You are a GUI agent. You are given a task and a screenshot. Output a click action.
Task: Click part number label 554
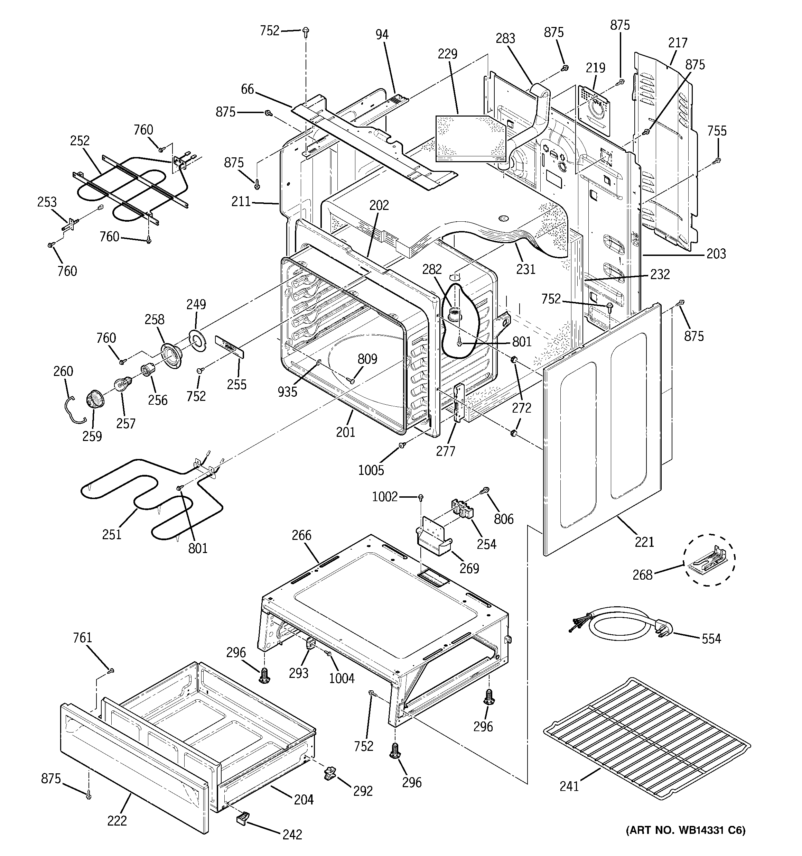(711, 638)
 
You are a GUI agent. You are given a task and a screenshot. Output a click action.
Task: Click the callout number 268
(642, 574)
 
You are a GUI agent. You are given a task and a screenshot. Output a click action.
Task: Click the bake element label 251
(112, 534)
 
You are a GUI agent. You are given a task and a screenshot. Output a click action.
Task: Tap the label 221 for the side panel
(644, 542)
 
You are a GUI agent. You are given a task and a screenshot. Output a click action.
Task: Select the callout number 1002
(384, 497)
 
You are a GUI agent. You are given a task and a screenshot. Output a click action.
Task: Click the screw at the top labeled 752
(306, 31)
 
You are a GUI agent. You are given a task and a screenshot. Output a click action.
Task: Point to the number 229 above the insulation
(448, 54)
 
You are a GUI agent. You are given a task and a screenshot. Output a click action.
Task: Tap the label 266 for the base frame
(301, 535)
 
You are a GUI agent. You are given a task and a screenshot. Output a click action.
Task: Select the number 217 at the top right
(678, 43)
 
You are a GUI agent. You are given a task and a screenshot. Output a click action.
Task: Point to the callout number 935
(287, 392)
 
